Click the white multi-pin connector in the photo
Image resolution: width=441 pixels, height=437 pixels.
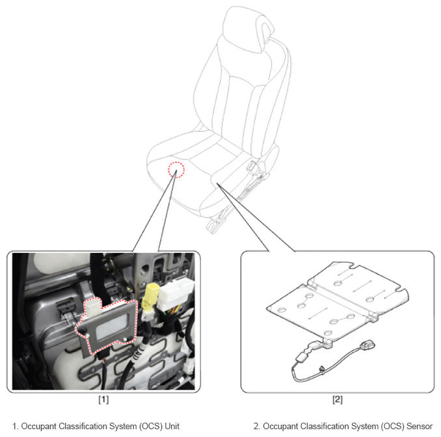click(176, 295)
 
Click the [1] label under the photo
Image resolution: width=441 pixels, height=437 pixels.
click(103, 399)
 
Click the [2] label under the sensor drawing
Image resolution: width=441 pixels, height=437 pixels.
click(338, 399)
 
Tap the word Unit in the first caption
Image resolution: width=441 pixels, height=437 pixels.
click(172, 426)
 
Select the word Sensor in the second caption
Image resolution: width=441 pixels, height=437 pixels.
click(420, 426)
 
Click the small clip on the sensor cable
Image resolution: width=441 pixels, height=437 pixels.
click(322, 369)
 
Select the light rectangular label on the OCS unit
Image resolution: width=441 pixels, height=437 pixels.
click(112, 326)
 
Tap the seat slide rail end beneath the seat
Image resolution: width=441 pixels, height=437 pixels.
click(213, 226)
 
